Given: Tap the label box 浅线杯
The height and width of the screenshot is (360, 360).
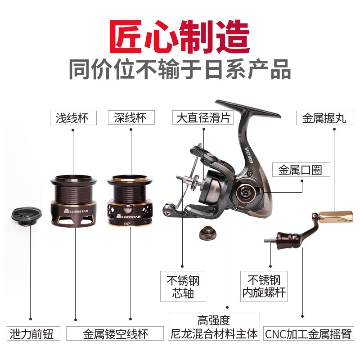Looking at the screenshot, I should (x=73, y=118).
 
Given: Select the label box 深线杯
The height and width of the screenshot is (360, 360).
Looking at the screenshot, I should (x=131, y=118).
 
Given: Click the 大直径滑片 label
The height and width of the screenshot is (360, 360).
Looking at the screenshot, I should (x=203, y=118).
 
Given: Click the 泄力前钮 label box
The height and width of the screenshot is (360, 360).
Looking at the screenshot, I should (x=31, y=333).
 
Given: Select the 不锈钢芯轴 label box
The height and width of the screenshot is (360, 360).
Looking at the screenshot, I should (x=183, y=287).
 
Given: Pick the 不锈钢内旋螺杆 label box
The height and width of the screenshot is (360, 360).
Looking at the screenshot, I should (x=263, y=287).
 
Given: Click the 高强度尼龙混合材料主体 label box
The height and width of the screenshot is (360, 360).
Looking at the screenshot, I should (x=214, y=327).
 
